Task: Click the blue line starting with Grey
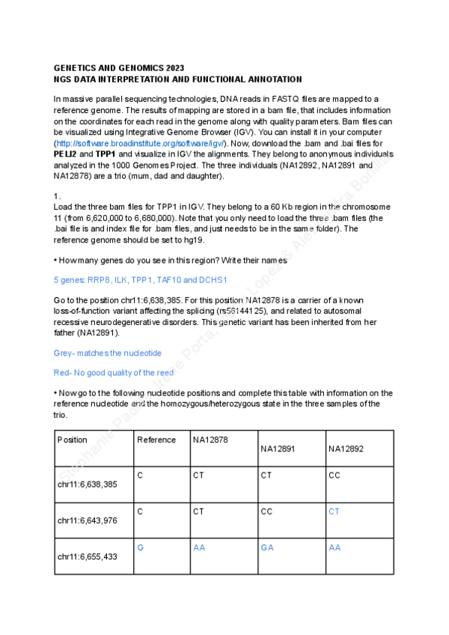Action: pos(107,352)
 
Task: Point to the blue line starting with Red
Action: pos(113,372)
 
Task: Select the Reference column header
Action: pos(156,440)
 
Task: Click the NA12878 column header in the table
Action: pos(210,440)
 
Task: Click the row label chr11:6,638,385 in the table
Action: pos(87,484)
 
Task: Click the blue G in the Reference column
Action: pos(141,547)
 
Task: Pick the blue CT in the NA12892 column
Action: pos(335,511)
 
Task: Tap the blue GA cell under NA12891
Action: pos(266,547)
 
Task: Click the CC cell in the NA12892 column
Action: pos(335,475)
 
